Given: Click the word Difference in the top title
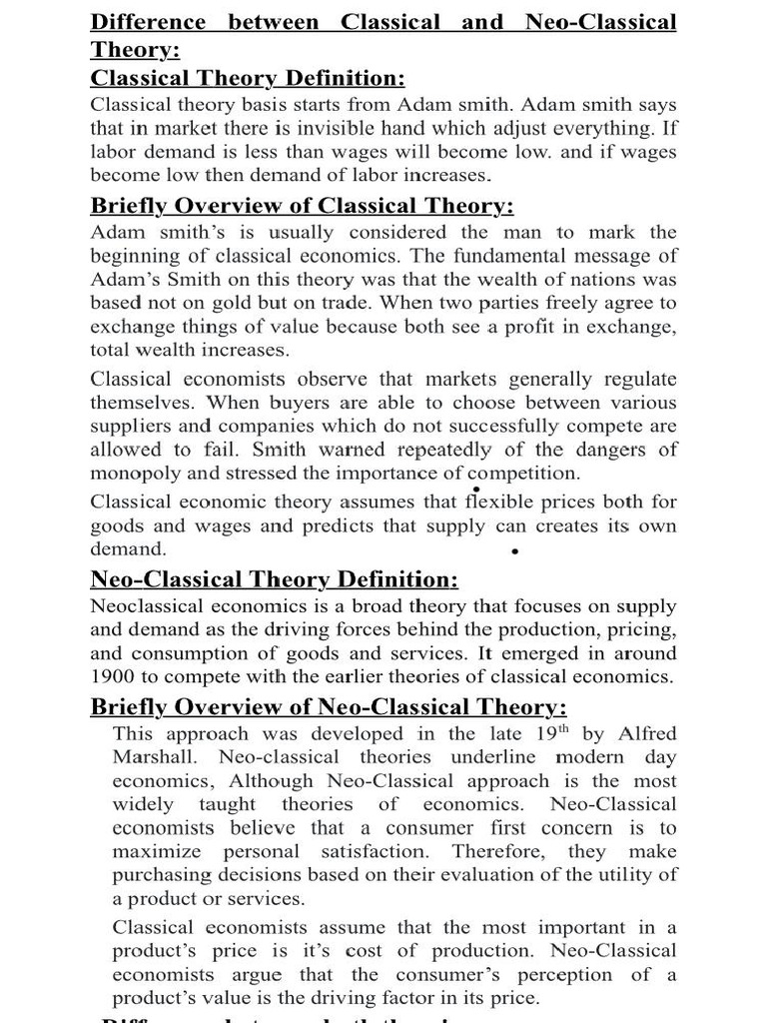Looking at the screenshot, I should coord(149,22).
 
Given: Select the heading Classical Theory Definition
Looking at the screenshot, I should coord(248,78).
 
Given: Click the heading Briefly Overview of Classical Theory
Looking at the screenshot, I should coord(303,206).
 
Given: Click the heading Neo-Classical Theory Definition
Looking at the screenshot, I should coord(275,579).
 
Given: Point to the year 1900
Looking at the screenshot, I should coord(113,676).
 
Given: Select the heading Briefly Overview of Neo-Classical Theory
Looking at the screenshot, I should coord(329,707).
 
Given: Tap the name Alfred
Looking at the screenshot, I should coord(644,734).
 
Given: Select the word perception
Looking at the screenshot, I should coord(546,974).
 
